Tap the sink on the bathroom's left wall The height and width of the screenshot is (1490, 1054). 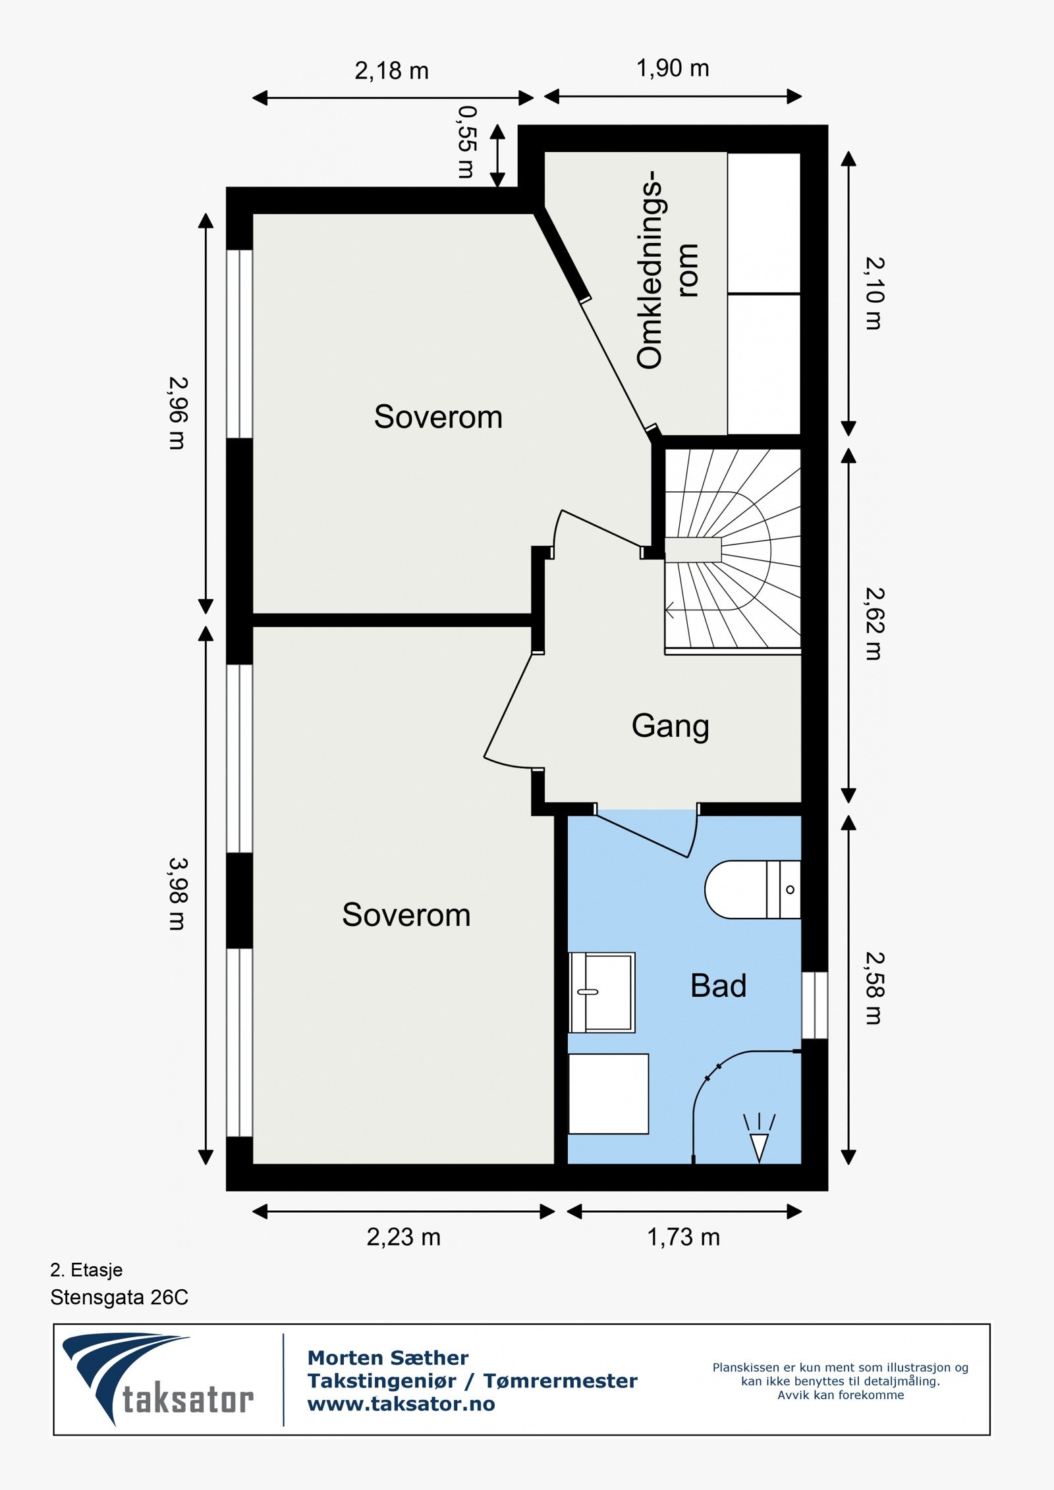[x=602, y=992]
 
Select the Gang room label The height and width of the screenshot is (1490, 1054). [x=670, y=726]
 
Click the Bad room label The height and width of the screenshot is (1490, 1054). [x=718, y=986]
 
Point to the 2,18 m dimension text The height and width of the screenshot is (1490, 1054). [x=391, y=70]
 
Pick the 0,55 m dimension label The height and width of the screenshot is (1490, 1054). [x=466, y=142]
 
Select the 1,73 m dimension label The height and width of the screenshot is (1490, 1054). [x=683, y=1237]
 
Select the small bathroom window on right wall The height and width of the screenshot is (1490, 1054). [x=814, y=1005]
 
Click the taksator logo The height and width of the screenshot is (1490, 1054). [x=158, y=1379]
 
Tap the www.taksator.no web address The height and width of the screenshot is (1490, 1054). [x=401, y=1404]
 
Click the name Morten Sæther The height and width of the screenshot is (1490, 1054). [x=388, y=1358]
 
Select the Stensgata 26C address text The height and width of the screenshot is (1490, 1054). [x=119, y=1297]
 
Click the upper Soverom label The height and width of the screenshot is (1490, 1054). [x=438, y=417]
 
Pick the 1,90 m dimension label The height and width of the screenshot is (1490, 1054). [x=672, y=68]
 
